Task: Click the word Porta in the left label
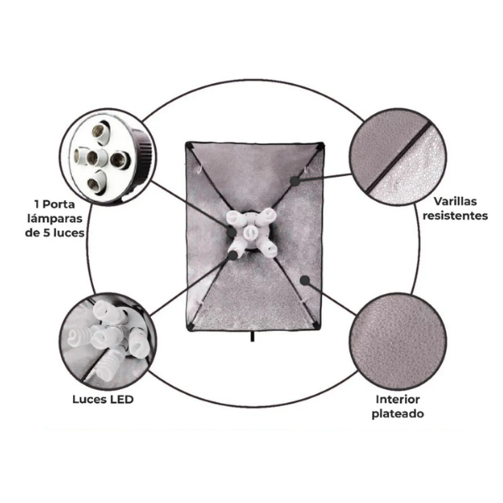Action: coord(59,205)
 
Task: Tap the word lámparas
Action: coord(54,219)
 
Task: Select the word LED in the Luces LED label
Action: coord(122,399)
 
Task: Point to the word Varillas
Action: coord(455,201)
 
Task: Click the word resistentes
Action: coord(455,215)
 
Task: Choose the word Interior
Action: coord(397,399)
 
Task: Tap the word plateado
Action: coord(397,413)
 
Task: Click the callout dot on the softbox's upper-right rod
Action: coord(295,181)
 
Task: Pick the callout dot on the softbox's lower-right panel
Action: coord(305,281)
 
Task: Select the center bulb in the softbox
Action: coord(251,232)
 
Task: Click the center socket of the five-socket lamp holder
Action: coord(93,158)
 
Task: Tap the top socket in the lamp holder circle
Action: coord(101,131)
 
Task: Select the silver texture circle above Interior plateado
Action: coord(397,342)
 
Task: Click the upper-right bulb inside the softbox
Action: coord(267,215)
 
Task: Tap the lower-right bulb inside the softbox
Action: coord(267,249)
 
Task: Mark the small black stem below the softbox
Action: coord(252,336)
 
